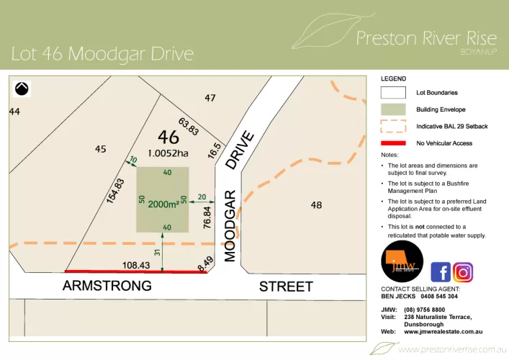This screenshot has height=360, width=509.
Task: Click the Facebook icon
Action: tap(441, 272)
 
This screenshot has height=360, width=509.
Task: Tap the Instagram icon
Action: tap(464, 272)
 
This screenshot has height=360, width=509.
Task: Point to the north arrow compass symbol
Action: tap(22, 89)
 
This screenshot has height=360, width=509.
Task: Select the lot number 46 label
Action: tap(168, 137)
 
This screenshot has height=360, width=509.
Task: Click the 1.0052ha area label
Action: tap(168, 153)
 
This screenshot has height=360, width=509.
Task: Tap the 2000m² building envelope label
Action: tap(163, 204)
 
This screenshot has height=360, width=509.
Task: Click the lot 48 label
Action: tap(315, 205)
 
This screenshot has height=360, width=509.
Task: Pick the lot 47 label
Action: tap(210, 98)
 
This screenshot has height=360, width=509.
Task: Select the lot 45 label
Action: tap(100, 149)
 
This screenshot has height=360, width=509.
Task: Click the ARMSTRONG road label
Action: tap(107, 287)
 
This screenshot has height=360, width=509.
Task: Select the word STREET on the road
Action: tap(286, 287)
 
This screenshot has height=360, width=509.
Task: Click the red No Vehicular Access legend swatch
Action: tap(393, 143)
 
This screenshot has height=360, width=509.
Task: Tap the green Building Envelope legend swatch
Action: tap(393, 109)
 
